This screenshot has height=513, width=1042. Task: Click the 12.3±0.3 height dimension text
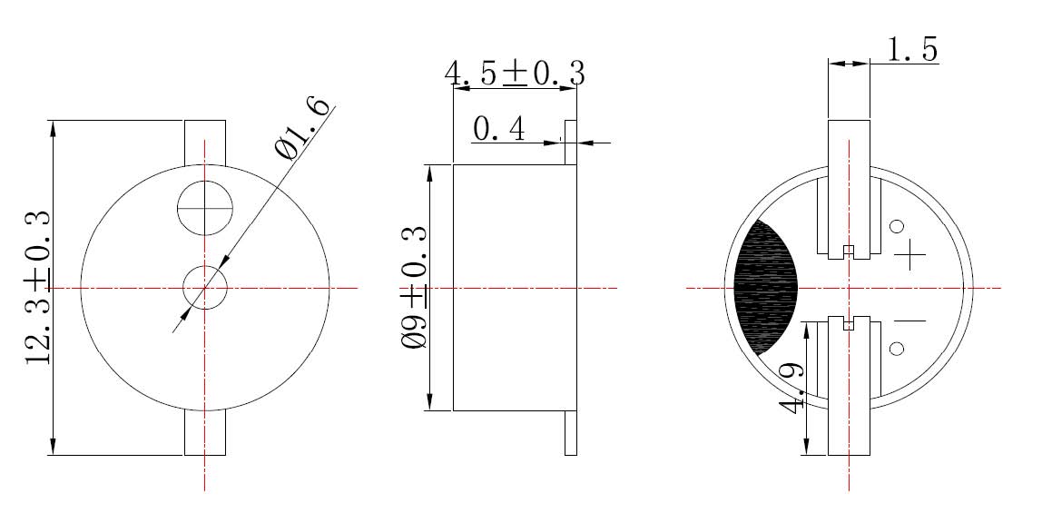(x=37, y=287)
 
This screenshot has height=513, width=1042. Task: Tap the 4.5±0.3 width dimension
(x=515, y=74)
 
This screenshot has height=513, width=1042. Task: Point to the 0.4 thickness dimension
(x=499, y=129)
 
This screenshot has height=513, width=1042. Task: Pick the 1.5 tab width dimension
(x=912, y=49)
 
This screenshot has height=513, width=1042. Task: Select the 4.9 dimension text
(x=793, y=388)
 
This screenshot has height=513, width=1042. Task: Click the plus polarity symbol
(x=909, y=254)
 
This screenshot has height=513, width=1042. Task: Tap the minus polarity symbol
(x=909, y=321)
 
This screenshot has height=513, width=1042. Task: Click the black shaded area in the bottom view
(x=764, y=287)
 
